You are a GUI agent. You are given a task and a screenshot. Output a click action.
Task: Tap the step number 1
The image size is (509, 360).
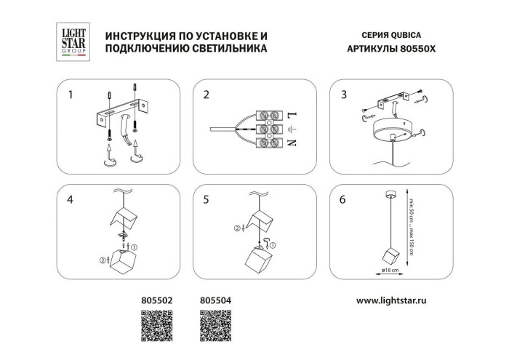71,95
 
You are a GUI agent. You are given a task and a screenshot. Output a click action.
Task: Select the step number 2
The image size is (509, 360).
207,95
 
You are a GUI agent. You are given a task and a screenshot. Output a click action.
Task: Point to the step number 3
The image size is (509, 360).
342,95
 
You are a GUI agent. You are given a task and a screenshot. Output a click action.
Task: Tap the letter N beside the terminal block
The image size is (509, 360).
293,143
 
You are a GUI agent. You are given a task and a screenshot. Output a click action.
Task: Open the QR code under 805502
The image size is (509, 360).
154,324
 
